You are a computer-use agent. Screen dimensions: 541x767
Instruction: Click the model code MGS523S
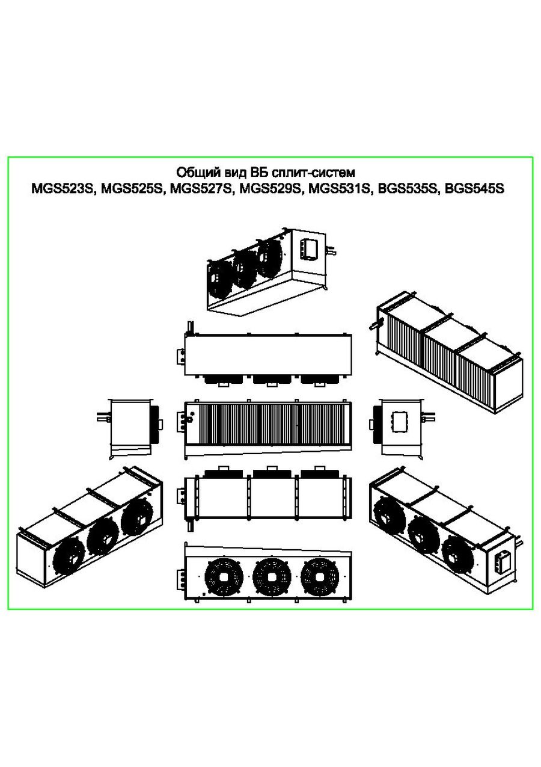[62, 189]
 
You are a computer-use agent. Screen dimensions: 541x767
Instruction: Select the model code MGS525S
[132, 189]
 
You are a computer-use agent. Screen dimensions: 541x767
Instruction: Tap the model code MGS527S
[201, 189]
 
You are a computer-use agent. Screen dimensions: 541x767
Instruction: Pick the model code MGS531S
[339, 189]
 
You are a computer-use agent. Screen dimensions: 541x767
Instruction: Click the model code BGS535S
[408, 189]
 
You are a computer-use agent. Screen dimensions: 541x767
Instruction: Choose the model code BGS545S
[475, 189]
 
